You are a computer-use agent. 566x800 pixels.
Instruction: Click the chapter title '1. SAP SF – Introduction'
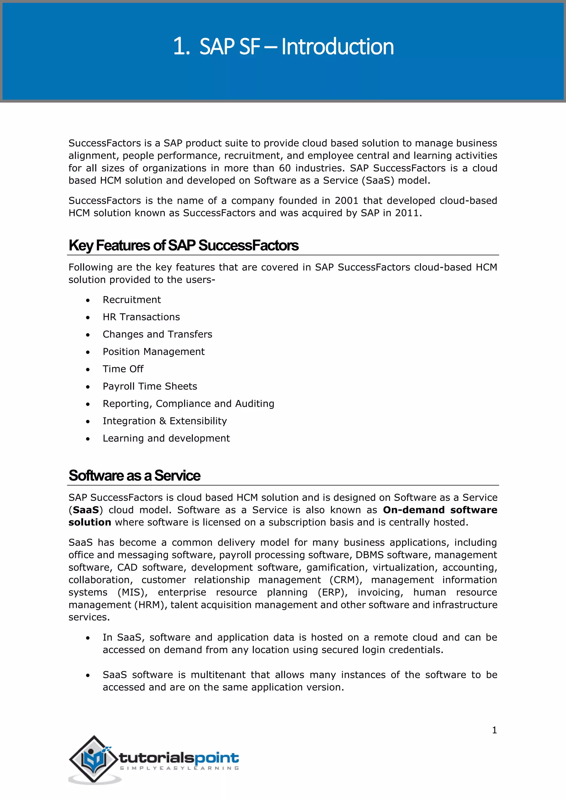point(283,46)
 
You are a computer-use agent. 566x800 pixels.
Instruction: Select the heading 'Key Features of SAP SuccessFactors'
point(183,245)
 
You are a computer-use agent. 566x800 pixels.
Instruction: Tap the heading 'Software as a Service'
point(134,476)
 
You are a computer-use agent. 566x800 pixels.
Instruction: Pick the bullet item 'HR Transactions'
point(141,317)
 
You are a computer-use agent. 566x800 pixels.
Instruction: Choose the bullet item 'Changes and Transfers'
point(157,335)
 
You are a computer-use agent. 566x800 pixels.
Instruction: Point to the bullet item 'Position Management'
point(153,352)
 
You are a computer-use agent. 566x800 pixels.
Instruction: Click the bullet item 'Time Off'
point(123,369)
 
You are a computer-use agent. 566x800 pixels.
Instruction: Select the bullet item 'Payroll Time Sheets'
point(150,386)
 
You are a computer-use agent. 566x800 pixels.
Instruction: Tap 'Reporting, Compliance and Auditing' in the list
point(188,404)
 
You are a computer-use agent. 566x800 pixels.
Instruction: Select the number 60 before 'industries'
point(285,168)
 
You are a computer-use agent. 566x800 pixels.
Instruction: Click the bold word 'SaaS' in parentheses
point(86,510)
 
